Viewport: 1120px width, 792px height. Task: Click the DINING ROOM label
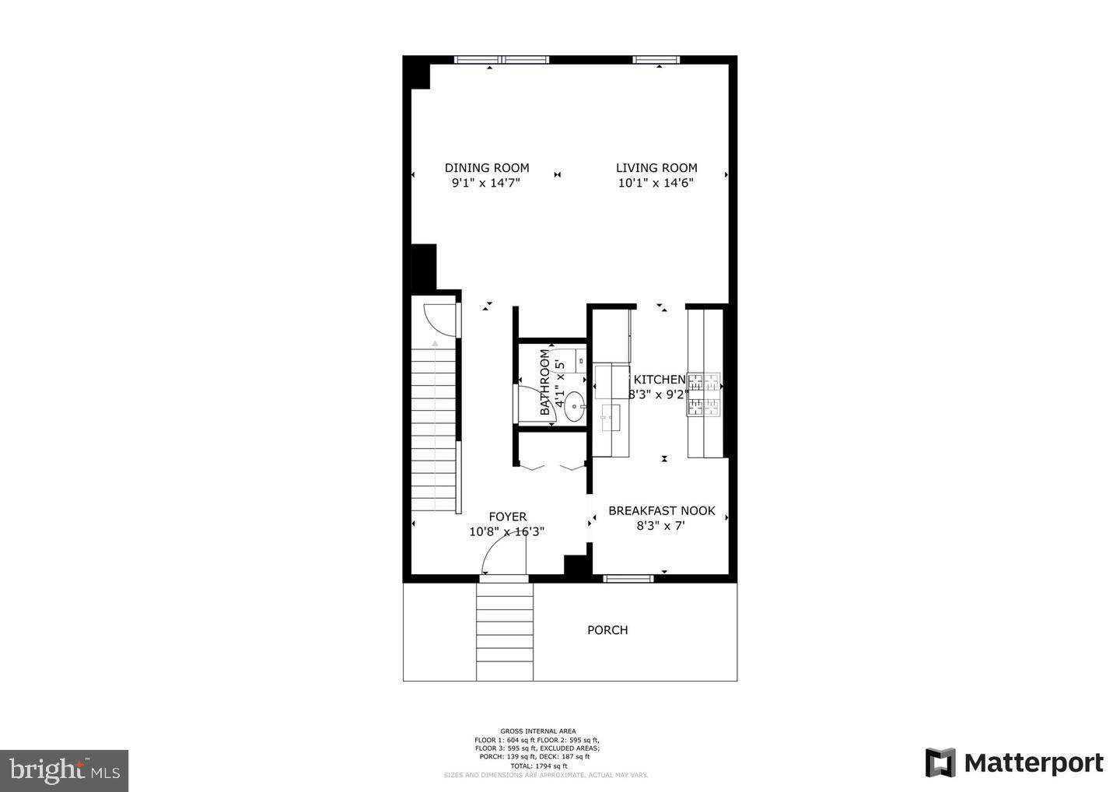pyautogui.click(x=486, y=167)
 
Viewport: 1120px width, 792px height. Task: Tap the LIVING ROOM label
pyautogui.click(x=656, y=167)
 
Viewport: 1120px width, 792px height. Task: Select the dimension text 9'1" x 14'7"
pyautogui.click(x=485, y=183)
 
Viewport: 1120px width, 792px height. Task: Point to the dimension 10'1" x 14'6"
pyautogui.click(x=656, y=183)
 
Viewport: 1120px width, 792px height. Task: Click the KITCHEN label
pyautogui.click(x=660, y=380)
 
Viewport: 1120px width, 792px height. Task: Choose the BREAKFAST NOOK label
pyautogui.click(x=661, y=510)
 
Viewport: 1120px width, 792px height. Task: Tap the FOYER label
pyautogui.click(x=507, y=517)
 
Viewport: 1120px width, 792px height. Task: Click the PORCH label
pyautogui.click(x=607, y=630)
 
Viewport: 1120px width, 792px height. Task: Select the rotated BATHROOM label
pyautogui.click(x=545, y=382)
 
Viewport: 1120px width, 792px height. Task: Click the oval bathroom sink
pyautogui.click(x=575, y=405)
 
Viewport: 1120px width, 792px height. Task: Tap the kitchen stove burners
pyautogui.click(x=703, y=394)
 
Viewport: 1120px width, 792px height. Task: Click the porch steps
pyautogui.click(x=505, y=631)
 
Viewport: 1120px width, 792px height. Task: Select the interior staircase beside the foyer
pyautogui.click(x=433, y=428)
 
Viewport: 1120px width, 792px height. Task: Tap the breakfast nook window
pyautogui.click(x=628, y=578)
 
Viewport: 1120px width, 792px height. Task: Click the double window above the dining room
pyautogui.click(x=502, y=59)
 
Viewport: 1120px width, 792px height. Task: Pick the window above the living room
pyautogui.click(x=656, y=59)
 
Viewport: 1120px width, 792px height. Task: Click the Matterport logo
pyautogui.click(x=1014, y=762)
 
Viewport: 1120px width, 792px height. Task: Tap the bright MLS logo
pyautogui.click(x=64, y=770)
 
